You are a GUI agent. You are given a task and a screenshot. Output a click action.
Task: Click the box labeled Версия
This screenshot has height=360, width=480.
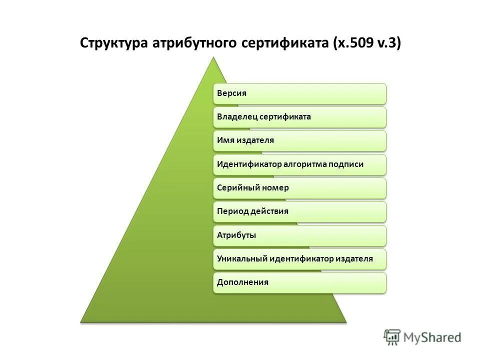click(300, 93)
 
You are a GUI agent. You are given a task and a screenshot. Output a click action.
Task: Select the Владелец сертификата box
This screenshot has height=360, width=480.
click(300, 117)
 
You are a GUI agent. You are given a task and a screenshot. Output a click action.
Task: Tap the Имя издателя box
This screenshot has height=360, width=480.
click(300, 140)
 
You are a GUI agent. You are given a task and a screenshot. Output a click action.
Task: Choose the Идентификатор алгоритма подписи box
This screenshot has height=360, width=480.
click(300, 164)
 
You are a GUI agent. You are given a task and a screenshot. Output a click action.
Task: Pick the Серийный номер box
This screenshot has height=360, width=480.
click(300, 188)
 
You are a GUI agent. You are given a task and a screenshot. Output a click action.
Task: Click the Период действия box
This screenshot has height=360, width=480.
click(300, 211)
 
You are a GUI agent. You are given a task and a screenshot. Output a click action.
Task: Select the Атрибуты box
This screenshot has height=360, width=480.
click(300, 235)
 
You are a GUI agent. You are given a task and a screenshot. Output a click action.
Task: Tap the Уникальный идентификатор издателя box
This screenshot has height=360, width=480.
click(300, 258)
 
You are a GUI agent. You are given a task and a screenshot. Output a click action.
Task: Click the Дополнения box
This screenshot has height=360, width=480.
click(300, 282)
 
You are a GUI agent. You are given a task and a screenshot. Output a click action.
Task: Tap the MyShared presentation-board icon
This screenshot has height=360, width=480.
click(392, 337)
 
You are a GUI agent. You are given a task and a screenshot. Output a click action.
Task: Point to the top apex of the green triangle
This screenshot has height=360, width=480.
click(213, 57)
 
